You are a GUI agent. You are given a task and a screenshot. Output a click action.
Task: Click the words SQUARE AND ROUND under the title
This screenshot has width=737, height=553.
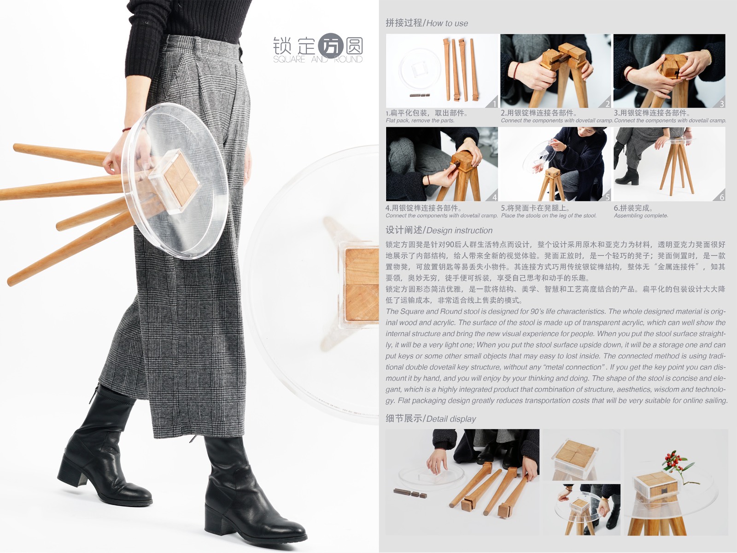click(x=318, y=59)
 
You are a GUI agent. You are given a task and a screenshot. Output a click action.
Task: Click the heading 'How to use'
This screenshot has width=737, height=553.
click(x=447, y=23)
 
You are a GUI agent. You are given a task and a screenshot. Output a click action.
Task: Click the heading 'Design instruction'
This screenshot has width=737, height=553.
click(x=459, y=230)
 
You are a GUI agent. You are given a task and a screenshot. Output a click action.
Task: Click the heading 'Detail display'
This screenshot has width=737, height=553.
click(x=451, y=419)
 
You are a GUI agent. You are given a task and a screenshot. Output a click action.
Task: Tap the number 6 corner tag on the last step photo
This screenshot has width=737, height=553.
click(x=721, y=197)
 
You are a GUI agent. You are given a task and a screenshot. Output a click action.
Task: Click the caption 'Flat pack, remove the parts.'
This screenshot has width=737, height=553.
click(x=420, y=121)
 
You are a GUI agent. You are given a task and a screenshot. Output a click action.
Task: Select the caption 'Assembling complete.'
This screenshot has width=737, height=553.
click(x=641, y=215)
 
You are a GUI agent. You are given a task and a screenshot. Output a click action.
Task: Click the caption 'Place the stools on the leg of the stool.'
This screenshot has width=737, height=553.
click(x=549, y=215)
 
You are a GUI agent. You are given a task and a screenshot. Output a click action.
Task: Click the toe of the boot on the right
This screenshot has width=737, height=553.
click(x=295, y=534)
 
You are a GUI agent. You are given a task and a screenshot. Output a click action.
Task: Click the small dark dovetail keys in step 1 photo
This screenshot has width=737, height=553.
click(x=420, y=95)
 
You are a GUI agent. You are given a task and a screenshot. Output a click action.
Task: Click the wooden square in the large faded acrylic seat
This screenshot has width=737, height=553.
click(x=362, y=285)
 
